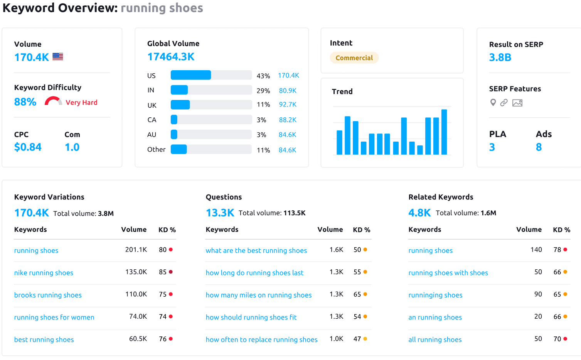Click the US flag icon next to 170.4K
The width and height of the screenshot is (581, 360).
click(x=58, y=57)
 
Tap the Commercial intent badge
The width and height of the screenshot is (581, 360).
click(x=354, y=58)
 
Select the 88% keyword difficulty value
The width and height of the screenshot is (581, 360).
click(x=25, y=102)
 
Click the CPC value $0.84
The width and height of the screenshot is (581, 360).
click(x=28, y=147)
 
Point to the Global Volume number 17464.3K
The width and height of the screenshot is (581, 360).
click(x=171, y=57)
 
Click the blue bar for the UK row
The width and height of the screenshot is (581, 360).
click(x=180, y=105)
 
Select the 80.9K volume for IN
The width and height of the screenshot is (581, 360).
click(x=288, y=91)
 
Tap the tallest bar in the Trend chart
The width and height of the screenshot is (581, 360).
click(x=444, y=132)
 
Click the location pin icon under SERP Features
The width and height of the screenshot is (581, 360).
click(x=493, y=103)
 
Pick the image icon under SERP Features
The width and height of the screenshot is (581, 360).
click(x=517, y=103)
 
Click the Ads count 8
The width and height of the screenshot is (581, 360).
click(x=539, y=147)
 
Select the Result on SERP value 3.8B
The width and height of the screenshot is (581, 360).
click(x=500, y=57)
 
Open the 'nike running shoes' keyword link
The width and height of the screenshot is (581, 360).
click(x=44, y=273)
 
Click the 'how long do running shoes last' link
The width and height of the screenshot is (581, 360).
click(x=254, y=273)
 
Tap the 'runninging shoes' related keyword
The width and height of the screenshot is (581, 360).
click(x=435, y=295)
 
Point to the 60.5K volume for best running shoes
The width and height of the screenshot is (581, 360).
click(x=138, y=339)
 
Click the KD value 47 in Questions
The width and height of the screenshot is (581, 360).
click(x=357, y=339)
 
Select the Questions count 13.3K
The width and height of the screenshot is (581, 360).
click(x=220, y=213)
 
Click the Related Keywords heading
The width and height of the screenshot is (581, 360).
click(x=441, y=197)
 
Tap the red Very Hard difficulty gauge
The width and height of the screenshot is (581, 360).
click(x=53, y=101)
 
